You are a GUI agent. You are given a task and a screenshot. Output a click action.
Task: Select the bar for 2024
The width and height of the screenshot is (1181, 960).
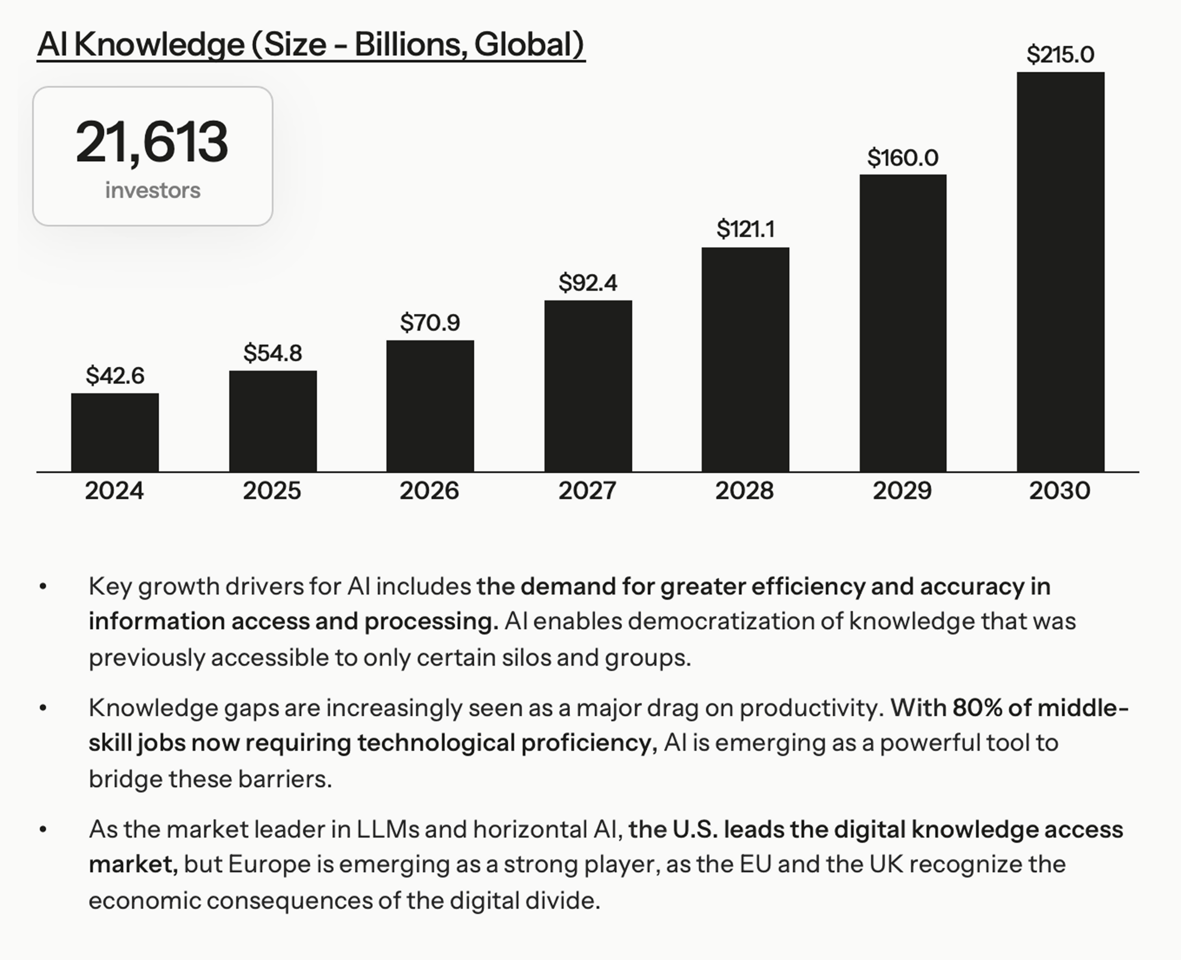(114, 433)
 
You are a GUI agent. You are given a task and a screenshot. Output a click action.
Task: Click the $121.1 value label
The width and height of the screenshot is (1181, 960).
(745, 229)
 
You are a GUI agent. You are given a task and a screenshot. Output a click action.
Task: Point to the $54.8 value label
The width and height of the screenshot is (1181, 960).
(273, 353)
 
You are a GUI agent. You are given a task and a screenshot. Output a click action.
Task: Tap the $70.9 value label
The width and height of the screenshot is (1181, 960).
(430, 322)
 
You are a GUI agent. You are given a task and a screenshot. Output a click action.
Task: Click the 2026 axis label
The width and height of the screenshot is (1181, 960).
(429, 491)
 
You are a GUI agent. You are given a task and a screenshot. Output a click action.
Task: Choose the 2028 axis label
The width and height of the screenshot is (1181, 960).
(744, 491)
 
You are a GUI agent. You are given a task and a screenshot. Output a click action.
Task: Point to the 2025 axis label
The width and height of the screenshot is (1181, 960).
(272, 491)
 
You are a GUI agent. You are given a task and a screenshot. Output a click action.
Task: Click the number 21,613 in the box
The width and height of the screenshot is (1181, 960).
(152, 142)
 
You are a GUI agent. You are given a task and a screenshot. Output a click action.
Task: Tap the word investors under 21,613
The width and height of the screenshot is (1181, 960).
(153, 190)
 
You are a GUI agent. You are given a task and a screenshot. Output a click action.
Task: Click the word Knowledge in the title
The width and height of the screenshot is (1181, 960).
(159, 44)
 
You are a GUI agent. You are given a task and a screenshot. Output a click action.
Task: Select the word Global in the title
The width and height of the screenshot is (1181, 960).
(528, 44)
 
